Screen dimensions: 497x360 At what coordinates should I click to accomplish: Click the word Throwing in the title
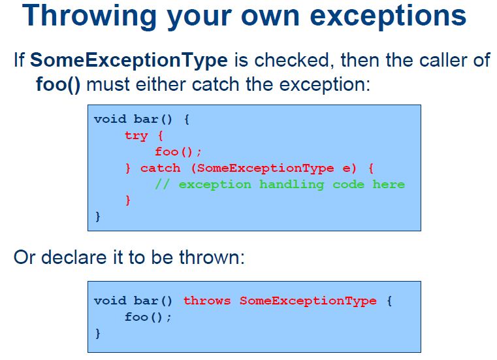[89, 16]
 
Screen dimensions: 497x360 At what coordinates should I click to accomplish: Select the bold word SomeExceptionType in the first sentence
[129, 60]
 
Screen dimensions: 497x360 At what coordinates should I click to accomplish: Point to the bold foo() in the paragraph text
[58, 84]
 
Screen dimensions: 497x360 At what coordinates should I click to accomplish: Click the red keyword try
[136, 136]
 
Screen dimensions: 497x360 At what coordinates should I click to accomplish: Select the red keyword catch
[161, 168]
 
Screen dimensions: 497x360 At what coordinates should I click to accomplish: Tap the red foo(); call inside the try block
[178, 152]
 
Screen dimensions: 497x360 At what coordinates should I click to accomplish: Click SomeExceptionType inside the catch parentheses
[266, 168]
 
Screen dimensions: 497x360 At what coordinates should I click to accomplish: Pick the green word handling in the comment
[292, 184]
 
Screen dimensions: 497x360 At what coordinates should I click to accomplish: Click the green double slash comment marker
[163, 184]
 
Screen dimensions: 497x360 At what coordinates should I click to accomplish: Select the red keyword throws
[207, 301]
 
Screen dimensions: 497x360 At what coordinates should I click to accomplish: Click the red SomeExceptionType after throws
[308, 301]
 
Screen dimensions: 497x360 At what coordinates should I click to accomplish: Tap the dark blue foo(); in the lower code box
[148, 317]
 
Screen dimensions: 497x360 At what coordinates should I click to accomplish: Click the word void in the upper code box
[110, 120]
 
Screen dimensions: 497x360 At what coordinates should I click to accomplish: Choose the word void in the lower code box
[110, 301]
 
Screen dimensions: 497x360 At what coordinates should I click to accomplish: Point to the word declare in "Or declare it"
[74, 257]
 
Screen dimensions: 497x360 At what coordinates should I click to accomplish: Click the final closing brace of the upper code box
[97, 217]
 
